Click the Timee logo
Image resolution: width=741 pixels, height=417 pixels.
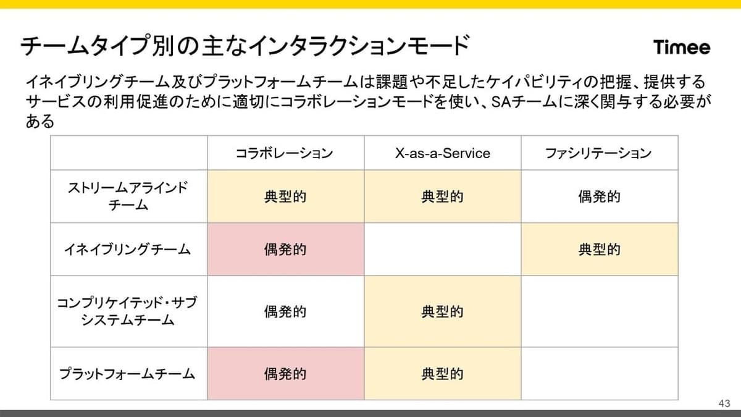tap(682, 48)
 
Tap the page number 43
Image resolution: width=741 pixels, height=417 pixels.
tap(724, 403)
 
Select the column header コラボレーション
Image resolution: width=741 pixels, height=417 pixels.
tap(284, 153)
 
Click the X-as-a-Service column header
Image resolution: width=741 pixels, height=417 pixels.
tap(442, 153)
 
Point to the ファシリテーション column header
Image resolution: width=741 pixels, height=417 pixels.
tap(598, 153)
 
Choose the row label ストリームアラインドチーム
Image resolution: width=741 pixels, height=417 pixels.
tap(128, 196)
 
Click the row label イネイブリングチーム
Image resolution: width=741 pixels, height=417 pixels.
tap(128, 249)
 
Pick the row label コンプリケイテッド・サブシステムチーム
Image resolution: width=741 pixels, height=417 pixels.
tap(127, 311)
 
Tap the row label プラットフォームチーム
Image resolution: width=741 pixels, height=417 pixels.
tap(127, 374)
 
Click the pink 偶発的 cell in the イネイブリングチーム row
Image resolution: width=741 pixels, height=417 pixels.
tap(285, 249)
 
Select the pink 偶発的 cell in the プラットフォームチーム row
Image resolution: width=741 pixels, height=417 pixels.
tap(285, 374)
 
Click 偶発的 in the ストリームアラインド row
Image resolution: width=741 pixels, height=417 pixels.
tap(600, 196)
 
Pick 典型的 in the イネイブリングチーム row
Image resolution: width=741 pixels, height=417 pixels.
tap(600, 249)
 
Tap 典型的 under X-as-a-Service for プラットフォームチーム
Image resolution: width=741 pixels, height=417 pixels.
tap(442, 374)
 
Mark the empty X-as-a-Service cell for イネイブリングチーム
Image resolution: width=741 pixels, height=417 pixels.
tap(443, 249)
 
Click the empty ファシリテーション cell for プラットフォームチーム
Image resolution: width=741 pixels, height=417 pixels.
tap(600, 374)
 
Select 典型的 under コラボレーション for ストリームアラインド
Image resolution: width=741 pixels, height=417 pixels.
tap(285, 196)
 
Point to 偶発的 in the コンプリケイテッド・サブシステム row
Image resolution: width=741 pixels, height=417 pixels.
tap(285, 311)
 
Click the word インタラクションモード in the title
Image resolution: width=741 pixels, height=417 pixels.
tap(358, 46)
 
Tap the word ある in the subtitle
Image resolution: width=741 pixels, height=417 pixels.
tap(40, 121)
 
